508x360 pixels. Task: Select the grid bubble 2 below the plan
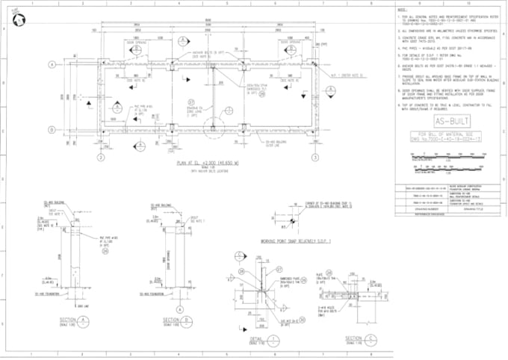pos(99,158)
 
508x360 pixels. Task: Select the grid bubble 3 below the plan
pos(306,158)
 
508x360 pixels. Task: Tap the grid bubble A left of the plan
pos(52,65)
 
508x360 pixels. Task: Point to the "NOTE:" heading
pos(402,9)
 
